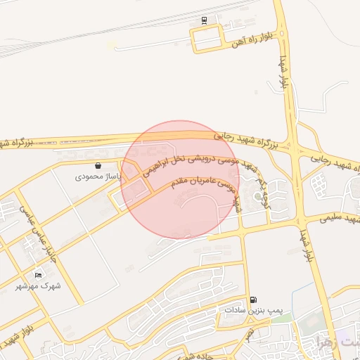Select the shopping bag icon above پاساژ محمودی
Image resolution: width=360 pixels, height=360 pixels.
96,166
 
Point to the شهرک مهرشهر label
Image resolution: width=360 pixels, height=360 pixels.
38,285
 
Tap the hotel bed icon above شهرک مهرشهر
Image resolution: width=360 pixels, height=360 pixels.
38,274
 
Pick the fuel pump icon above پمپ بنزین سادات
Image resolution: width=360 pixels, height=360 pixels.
253,300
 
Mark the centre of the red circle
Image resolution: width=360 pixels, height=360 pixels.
180,179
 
